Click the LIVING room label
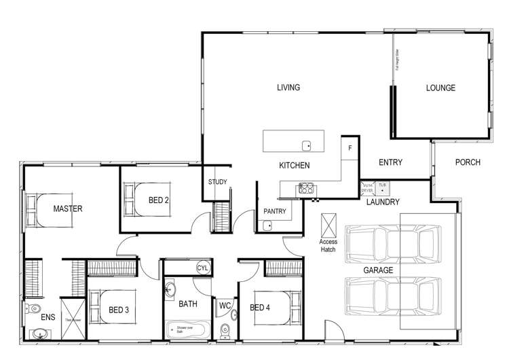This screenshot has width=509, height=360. (288, 88)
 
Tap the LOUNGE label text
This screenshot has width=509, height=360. (440, 88)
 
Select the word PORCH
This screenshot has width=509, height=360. (468, 162)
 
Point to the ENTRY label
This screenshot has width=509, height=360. (390, 162)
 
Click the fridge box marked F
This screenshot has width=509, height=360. (350, 147)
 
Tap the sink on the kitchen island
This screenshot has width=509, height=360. (307, 145)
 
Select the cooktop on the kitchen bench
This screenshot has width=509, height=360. (305, 189)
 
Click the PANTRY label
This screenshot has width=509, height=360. (275, 211)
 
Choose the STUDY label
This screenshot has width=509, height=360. (217, 182)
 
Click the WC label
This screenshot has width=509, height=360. (225, 306)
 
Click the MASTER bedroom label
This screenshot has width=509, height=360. (68, 209)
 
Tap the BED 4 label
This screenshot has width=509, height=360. (261, 308)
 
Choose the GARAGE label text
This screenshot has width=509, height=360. (378, 270)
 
